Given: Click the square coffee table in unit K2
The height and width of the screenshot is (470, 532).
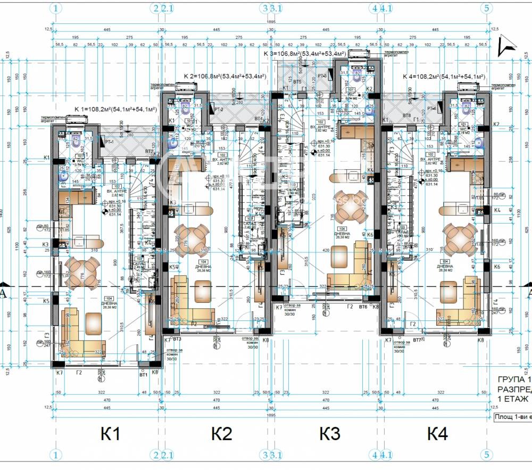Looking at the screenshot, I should pos(203,291).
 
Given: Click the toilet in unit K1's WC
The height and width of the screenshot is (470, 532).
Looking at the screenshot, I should pos(76,142).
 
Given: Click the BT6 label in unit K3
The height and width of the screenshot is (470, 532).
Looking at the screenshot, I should pos(364,307).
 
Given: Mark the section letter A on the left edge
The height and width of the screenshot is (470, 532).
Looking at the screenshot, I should pos(3,292).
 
